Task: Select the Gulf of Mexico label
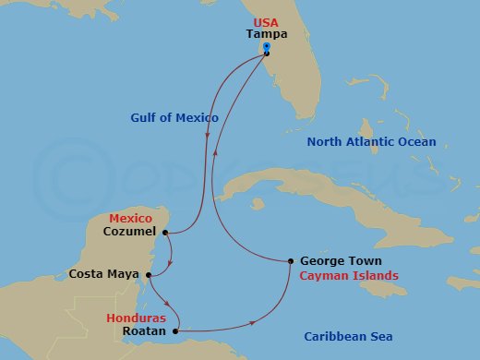click(x=174, y=118)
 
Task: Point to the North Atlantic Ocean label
click(x=373, y=142)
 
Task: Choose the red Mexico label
click(x=130, y=219)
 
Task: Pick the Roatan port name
click(x=143, y=330)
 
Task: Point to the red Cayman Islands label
click(x=349, y=275)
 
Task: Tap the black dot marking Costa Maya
click(x=149, y=273)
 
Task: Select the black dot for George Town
click(x=291, y=261)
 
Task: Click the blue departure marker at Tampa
click(x=266, y=47)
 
